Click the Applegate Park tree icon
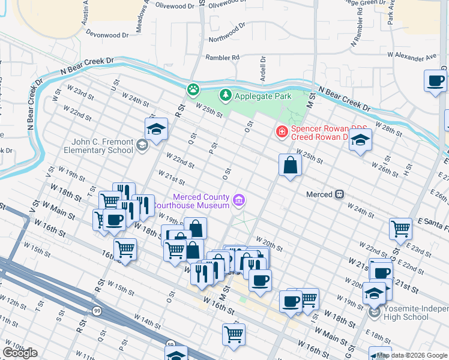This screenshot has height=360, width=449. point(225,95)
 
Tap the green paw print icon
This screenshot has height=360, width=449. point(193,90)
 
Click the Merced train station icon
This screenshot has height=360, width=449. point(339,194)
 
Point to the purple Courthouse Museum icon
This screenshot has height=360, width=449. point(239,200)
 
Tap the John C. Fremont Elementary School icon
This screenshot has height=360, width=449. point(142,145)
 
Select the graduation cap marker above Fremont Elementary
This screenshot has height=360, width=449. point(156,129)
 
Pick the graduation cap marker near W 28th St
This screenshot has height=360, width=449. point(361,140)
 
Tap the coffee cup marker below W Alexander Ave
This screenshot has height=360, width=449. point(435,80)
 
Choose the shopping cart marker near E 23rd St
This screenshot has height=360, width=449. point(400,228)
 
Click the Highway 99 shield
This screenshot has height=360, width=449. point(97,310)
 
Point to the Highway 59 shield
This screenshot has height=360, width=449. point(169,344)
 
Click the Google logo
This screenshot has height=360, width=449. point(20,353)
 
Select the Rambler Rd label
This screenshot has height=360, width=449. point(222,58)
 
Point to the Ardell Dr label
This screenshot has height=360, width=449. point(263,62)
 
